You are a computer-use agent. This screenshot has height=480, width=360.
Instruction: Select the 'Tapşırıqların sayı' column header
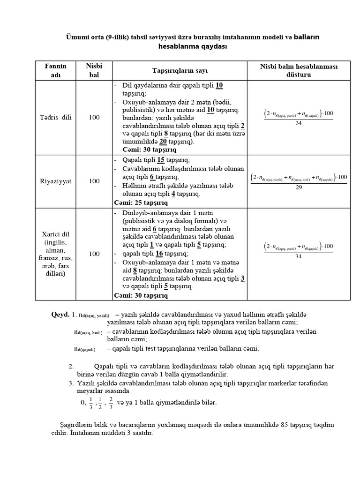pos(180,71)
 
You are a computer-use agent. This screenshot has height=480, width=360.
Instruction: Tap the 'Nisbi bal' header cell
pos(94,70)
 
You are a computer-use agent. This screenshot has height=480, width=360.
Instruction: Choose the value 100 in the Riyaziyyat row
pos(94,180)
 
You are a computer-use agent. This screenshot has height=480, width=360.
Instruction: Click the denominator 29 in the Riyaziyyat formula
pos(299,187)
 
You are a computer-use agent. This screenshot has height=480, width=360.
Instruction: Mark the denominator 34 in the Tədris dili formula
pos(299,123)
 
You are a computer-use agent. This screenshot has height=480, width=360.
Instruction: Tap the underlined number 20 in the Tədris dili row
pos(163,142)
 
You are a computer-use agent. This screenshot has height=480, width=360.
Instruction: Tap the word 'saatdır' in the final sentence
pos(143,433)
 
